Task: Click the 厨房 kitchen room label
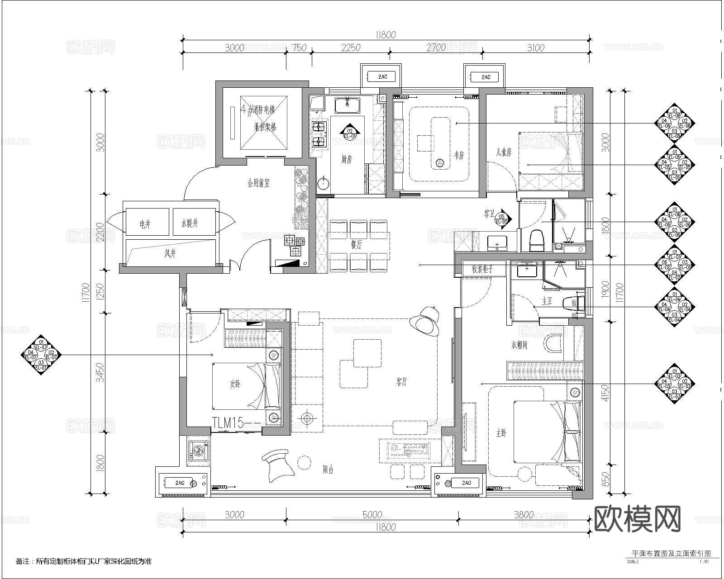(346, 159)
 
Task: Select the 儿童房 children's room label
(503, 153)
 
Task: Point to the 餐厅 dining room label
(356, 245)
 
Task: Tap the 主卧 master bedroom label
(501, 433)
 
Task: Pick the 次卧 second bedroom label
(235, 384)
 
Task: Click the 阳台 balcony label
(328, 470)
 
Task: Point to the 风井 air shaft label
(170, 254)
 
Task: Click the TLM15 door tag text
(229, 423)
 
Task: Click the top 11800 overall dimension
(386, 35)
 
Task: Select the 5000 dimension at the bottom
(372, 515)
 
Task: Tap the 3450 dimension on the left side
(100, 371)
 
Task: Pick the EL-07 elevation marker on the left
(41, 355)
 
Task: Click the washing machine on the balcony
(199, 450)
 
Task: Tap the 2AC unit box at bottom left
(180, 483)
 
